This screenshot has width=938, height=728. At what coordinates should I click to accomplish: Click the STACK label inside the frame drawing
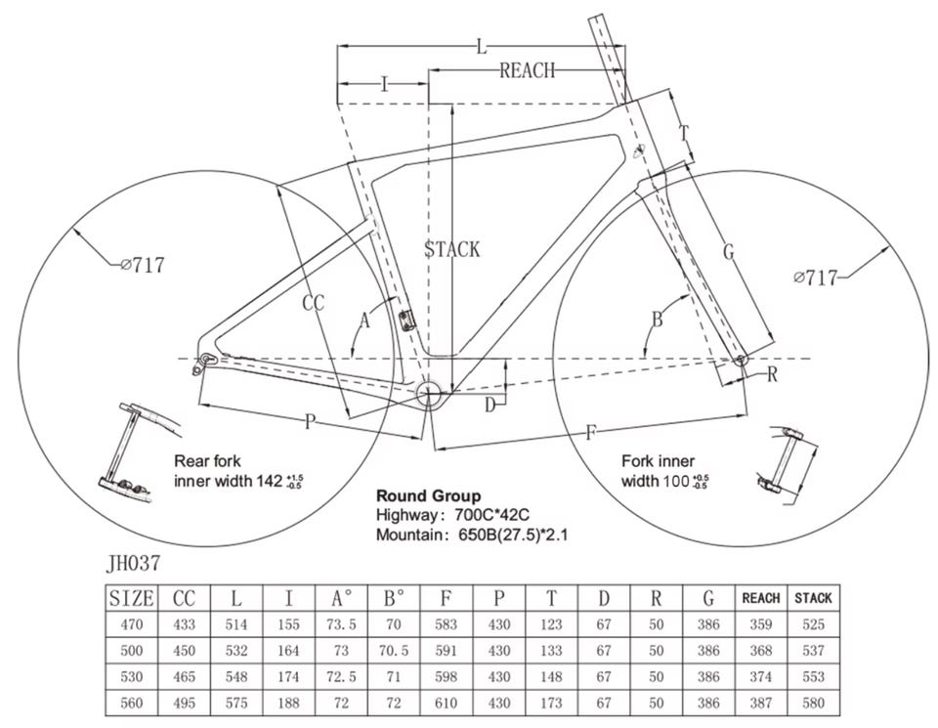pyautogui.click(x=452, y=249)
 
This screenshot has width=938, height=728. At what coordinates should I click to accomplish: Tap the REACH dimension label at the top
pyautogui.click(x=527, y=69)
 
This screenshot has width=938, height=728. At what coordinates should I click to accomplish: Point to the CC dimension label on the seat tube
pyautogui.click(x=313, y=304)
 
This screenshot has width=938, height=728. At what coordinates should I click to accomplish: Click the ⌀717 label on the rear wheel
pyautogui.click(x=143, y=264)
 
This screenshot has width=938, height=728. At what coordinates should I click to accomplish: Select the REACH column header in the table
pyautogui.click(x=761, y=597)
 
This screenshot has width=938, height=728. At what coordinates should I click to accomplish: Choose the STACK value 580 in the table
pyautogui.click(x=813, y=703)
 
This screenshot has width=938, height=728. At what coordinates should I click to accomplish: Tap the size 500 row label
pyautogui.click(x=130, y=650)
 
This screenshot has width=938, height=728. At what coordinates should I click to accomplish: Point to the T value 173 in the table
pyautogui.click(x=551, y=703)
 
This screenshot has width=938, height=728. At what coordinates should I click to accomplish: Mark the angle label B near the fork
pyautogui.click(x=658, y=320)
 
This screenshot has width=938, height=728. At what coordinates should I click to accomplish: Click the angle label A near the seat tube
pyautogui.click(x=365, y=320)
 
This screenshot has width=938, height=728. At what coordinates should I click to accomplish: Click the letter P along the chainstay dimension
pyautogui.click(x=310, y=422)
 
